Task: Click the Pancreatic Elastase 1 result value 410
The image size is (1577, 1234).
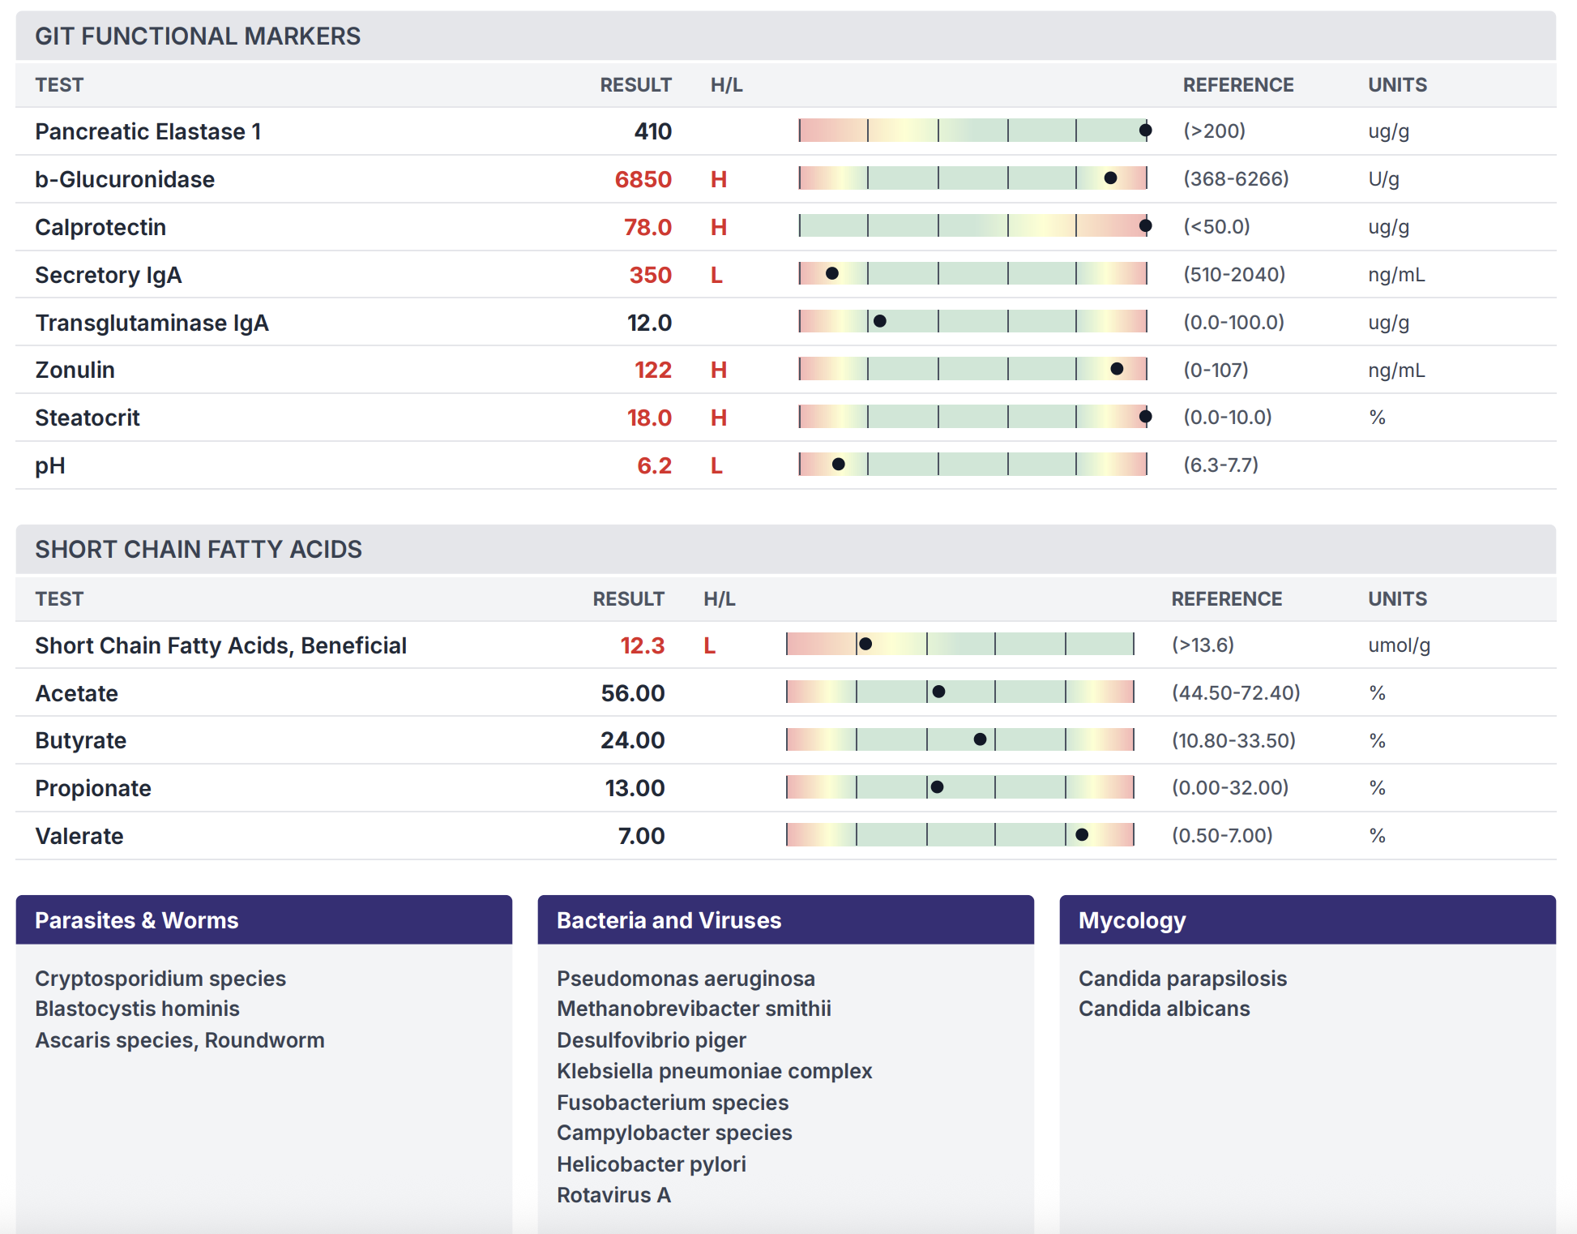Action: pyautogui.click(x=652, y=131)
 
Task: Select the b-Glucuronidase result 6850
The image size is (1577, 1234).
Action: pyautogui.click(x=643, y=179)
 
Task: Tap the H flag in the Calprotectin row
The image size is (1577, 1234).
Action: pyautogui.click(x=718, y=227)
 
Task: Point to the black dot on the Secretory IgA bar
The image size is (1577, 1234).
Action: pyautogui.click(x=832, y=274)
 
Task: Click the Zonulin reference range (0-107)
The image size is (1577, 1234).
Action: pyautogui.click(x=1215, y=370)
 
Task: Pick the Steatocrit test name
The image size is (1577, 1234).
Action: pyautogui.click(x=88, y=418)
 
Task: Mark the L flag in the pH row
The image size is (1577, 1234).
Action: pyautogui.click(x=716, y=465)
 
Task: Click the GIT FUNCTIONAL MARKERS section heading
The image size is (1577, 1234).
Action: pyautogui.click(x=198, y=36)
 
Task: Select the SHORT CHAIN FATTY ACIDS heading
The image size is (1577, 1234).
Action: pyautogui.click(x=199, y=550)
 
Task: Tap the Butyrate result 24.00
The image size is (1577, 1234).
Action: pyautogui.click(x=632, y=740)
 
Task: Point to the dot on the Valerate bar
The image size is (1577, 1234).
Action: pyautogui.click(x=1082, y=835)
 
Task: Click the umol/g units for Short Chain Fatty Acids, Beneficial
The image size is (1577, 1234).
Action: pyautogui.click(x=1399, y=645)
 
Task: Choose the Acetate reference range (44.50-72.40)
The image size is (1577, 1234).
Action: pyautogui.click(x=1235, y=692)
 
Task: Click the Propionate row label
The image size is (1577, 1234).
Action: pyautogui.click(x=93, y=788)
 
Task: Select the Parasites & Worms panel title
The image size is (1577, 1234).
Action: pyautogui.click(x=136, y=920)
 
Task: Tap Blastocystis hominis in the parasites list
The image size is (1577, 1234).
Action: pyautogui.click(x=137, y=1009)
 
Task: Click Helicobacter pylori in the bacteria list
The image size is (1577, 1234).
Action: pyautogui.click(x=651, y=1164)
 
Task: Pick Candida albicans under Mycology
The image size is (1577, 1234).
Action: pyautogui.click(x=1164, y=1009)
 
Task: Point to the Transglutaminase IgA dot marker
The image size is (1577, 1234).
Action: pyautogui.click(x=880, y=322)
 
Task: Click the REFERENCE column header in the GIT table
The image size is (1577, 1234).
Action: pyautogui.click(x=1237, y=85)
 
